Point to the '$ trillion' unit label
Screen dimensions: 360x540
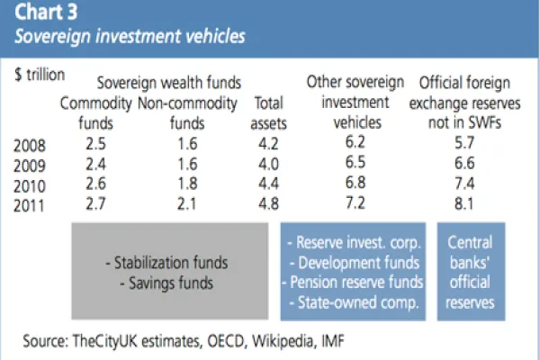pos(39,76)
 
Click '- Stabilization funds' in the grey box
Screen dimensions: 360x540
pos(166,264)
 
